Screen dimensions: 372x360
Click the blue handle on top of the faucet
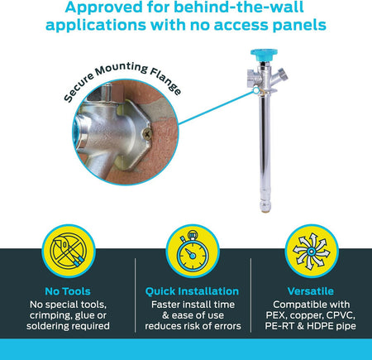(x=264, y=55)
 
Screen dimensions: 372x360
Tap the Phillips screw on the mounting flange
(x=147, y=134)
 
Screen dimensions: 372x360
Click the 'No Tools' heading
(x=68, y=291)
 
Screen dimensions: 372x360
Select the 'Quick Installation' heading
(x=192, y=291)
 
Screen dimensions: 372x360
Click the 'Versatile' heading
(x=311, y=291)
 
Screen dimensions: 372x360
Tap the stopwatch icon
(x=193, y=251)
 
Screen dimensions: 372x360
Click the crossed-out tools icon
(x=69, y=251)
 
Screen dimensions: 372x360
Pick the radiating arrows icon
(x=311, y=252)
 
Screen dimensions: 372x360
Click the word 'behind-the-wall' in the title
(x=239, y=7)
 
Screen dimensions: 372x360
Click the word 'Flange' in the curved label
(x=166, y=81)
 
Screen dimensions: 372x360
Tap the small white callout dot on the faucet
(x=256, y=90)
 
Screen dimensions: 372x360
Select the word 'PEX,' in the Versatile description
(x=276, y=315)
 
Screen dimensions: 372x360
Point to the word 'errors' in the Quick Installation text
(x=228, y=326)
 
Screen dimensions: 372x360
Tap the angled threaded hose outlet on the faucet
(x=282, y=74)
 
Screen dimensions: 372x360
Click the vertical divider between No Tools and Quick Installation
(x=136, y=295)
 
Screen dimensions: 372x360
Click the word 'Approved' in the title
(x=103, y=7)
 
